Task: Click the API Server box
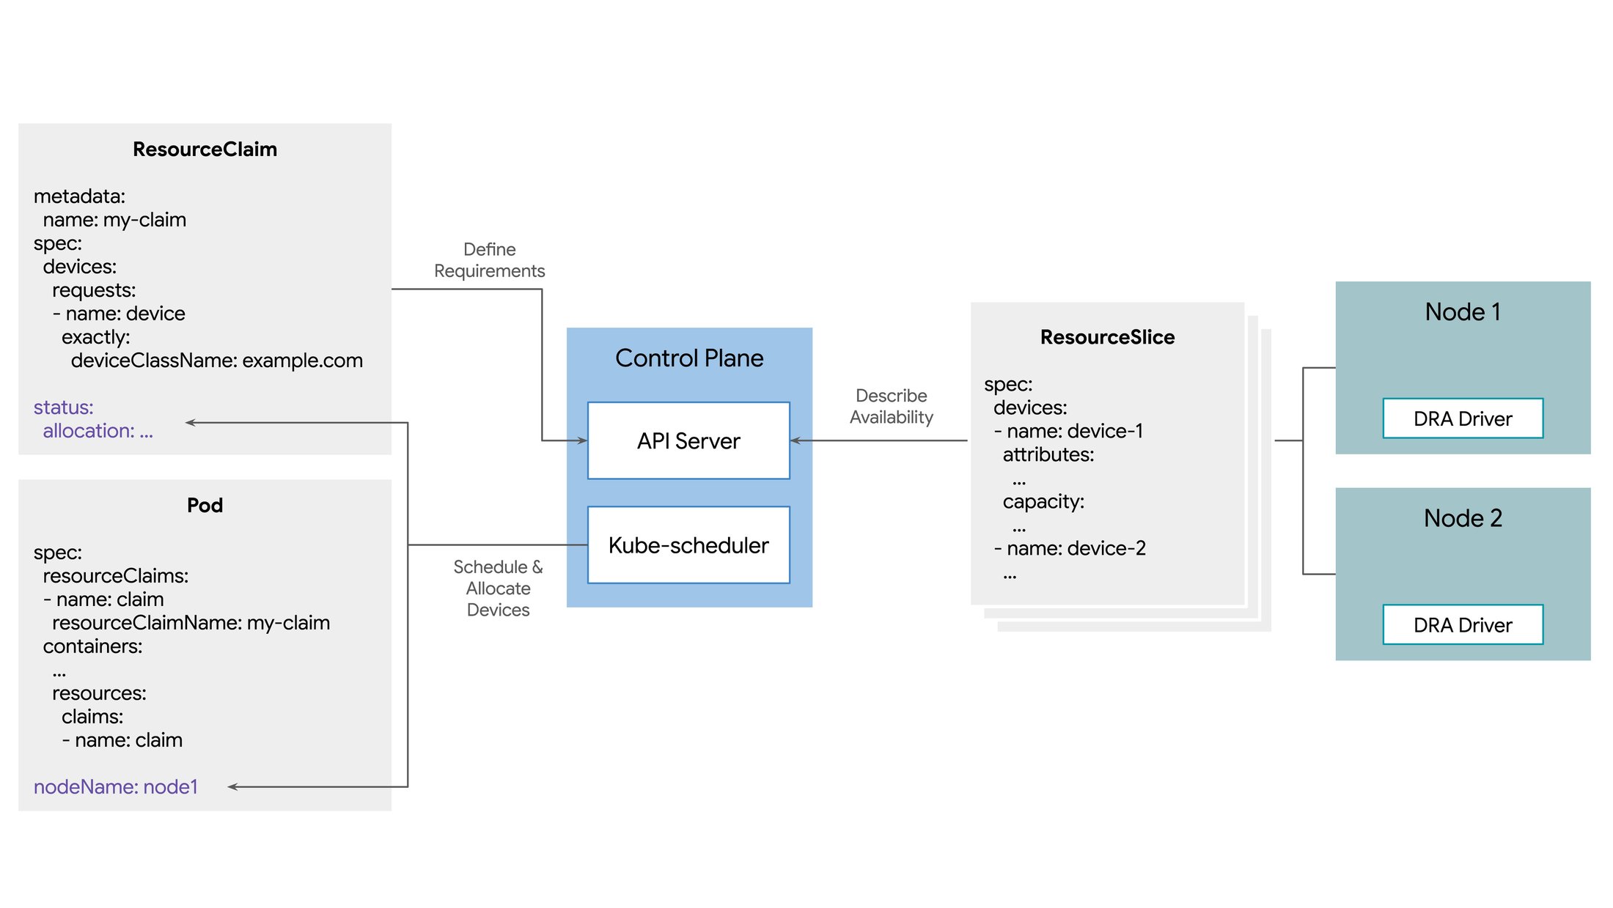[x=688, y=440]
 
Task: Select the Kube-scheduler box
[x=688, y=545]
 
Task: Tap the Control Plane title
[x=689, y=358]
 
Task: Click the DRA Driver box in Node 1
[x=1463, y=418]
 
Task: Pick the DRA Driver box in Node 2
[x=1463, y=625]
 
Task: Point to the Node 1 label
[x=1463, y=312]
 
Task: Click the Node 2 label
[x=1463, y=518]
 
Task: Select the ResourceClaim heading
[x=205, y=150]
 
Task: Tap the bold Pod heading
[x=205, y=506]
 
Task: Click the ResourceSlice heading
[x=1107, y=337]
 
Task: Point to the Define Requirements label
[x=490, y=260]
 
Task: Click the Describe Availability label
[x=892, y=406]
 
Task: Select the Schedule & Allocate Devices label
[x=499, y=588]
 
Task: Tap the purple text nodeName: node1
[x=116, y=787]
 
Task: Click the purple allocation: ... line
[x=98, y=431]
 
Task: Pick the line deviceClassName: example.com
[x=217, y=361]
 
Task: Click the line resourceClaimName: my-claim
[x=191, y=623]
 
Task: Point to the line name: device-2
[x=1070, y=548]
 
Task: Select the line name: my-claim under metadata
[x=114, y=220]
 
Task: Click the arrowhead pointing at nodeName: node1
[x=232, y=787]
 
